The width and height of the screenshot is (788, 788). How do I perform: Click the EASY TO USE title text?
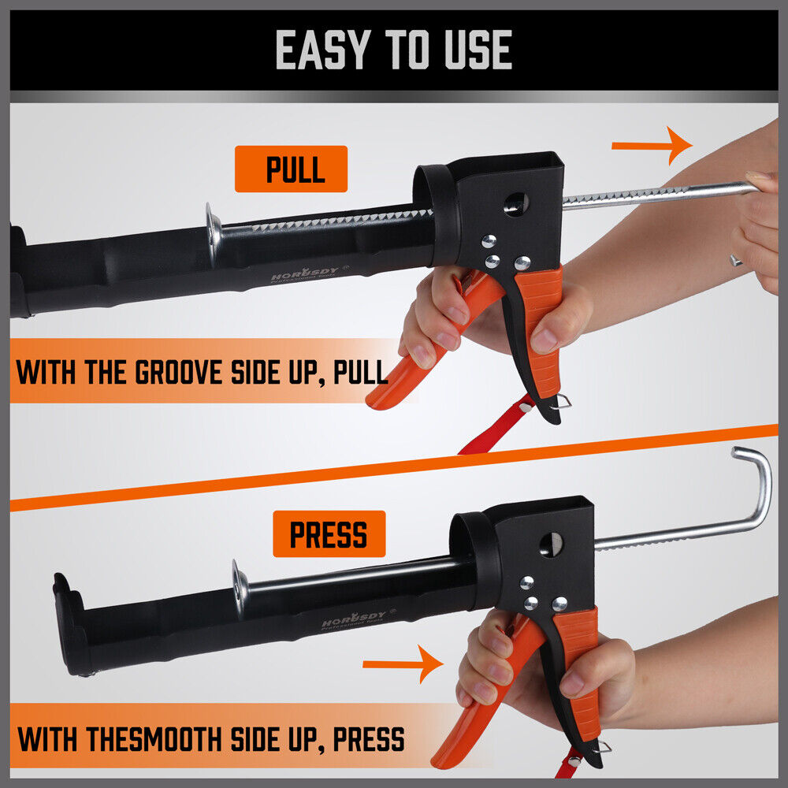pos(393,50)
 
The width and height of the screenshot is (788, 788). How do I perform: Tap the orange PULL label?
pos(291,169)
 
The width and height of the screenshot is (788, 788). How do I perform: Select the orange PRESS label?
pos(329,533)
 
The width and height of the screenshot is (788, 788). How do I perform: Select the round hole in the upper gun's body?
pos(516,203)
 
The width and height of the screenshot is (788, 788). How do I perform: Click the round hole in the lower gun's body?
pos(551,545)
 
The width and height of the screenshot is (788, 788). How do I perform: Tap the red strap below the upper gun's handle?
pos(492,429)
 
